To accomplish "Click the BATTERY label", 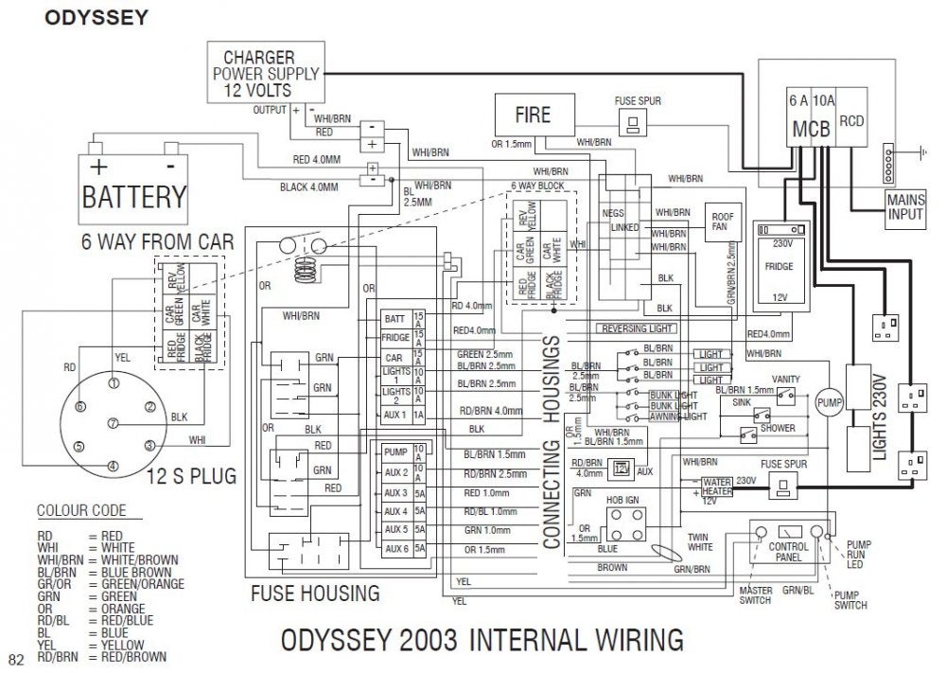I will (x=134, y=198).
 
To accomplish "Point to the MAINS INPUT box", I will (x=905, y=206).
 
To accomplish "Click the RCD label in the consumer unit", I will (x=852, y=121).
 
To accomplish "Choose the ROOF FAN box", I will (x=723, y=221).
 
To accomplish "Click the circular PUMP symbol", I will (x=829, y=401).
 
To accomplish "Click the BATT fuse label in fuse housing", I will (x=394, y=318).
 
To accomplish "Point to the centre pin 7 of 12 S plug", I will (x=113, y=423).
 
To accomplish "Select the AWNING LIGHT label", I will (x=679, y=416).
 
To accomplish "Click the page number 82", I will (x=15, y=659).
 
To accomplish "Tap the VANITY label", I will (x=784, y=380).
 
